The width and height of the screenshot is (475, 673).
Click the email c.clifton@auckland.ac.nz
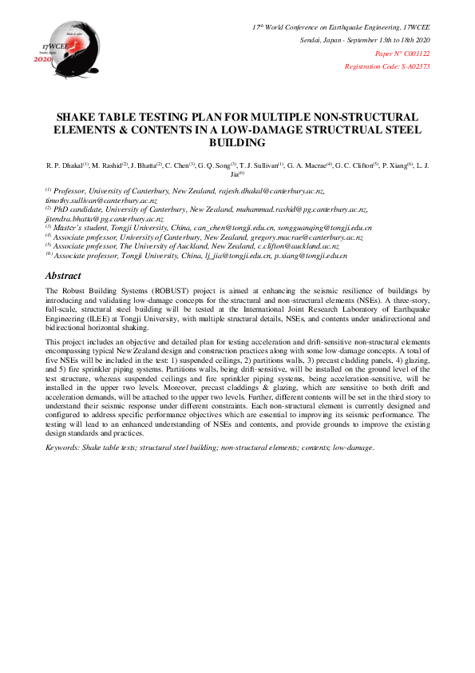tap(302, 246)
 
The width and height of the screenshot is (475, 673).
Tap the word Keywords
tap(65, 448)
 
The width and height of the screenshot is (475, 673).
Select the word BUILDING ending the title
tap(237, 142)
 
